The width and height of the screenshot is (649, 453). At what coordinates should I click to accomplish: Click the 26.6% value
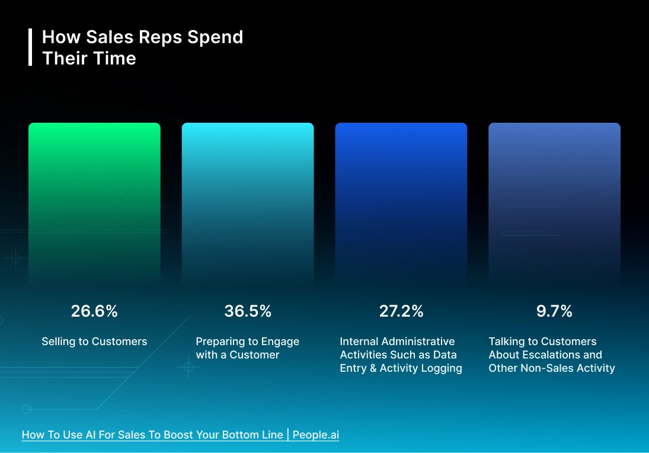pyautogui.click(x=94, y=311)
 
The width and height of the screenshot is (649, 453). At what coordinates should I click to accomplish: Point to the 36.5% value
pyautogui.click(x=248, y=311)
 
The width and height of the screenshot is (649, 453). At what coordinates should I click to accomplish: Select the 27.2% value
pyautogui.click(x=401, y=311)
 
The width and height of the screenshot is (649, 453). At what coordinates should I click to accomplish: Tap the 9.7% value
pyautogui.click(x=554, y=311)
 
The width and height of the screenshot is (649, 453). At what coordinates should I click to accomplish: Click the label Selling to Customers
pyautogui.click(x=94, y=342)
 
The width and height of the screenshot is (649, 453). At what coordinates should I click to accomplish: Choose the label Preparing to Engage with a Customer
pyautogui.click(x=247, y=348)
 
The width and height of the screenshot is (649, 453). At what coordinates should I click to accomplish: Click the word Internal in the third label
pyautogui.click(x=359, y=342)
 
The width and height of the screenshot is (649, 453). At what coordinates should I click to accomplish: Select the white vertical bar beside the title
pyautogui.click(x=30, y=47)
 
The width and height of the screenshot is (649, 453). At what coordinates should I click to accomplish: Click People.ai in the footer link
pyautogui.click(x=315, y=435)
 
